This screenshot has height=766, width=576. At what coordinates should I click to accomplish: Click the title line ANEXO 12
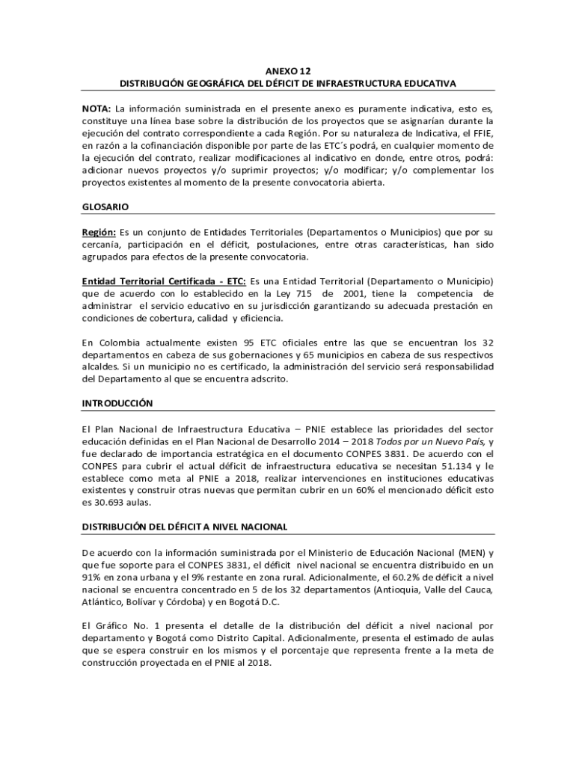[x=288, y=68]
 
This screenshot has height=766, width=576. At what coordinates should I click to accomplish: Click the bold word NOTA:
[x=96, y=108]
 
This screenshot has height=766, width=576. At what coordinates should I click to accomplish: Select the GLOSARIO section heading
[x=105, y=206]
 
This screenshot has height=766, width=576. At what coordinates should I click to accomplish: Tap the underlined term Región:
[x=99, y=232]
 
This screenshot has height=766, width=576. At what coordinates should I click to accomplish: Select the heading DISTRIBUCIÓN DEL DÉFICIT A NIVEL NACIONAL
[x=184, y=527]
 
